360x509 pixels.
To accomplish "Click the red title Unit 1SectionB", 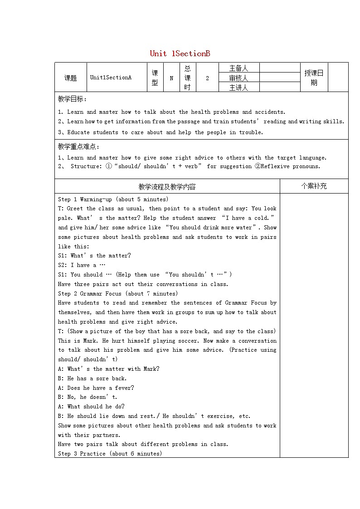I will click(x=180, y=53).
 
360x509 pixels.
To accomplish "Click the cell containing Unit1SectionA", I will click(x=111, y=78).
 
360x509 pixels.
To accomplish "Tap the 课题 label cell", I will click(x=70, y=78).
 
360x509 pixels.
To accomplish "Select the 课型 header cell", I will click(x=155, y=78).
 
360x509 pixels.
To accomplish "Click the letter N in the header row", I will click(x=171, y=78).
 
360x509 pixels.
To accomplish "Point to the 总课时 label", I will click(x=187, y=78).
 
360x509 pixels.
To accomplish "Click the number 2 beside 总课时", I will click(x=207, y=78).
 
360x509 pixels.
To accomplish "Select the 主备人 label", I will click(x=238, y=68).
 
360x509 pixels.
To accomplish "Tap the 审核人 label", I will click(x=238, y=78).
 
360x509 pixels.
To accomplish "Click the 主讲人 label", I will click(x=238, y=87).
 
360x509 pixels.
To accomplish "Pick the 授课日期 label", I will click(x=314, y=78).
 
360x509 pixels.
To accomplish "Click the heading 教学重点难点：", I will click(x=79, y=146).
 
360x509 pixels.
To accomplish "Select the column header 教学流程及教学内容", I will click(x=167, y=186).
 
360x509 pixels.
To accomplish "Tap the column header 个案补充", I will click(x=314, y=186).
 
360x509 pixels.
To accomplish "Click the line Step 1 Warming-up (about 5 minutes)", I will click(x=113, y=199).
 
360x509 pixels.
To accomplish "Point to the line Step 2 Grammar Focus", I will click(x=115, y=293).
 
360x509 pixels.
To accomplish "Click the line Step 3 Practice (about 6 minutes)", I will click(x=110, y=453).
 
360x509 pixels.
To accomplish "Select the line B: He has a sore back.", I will click(x=92, y=378).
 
